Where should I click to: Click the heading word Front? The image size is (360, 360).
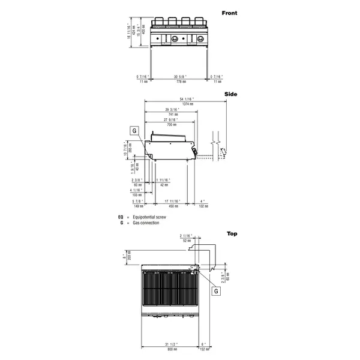(229, 13)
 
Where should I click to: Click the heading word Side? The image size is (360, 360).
(231, 94)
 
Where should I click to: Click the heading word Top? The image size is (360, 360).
(232, 233)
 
